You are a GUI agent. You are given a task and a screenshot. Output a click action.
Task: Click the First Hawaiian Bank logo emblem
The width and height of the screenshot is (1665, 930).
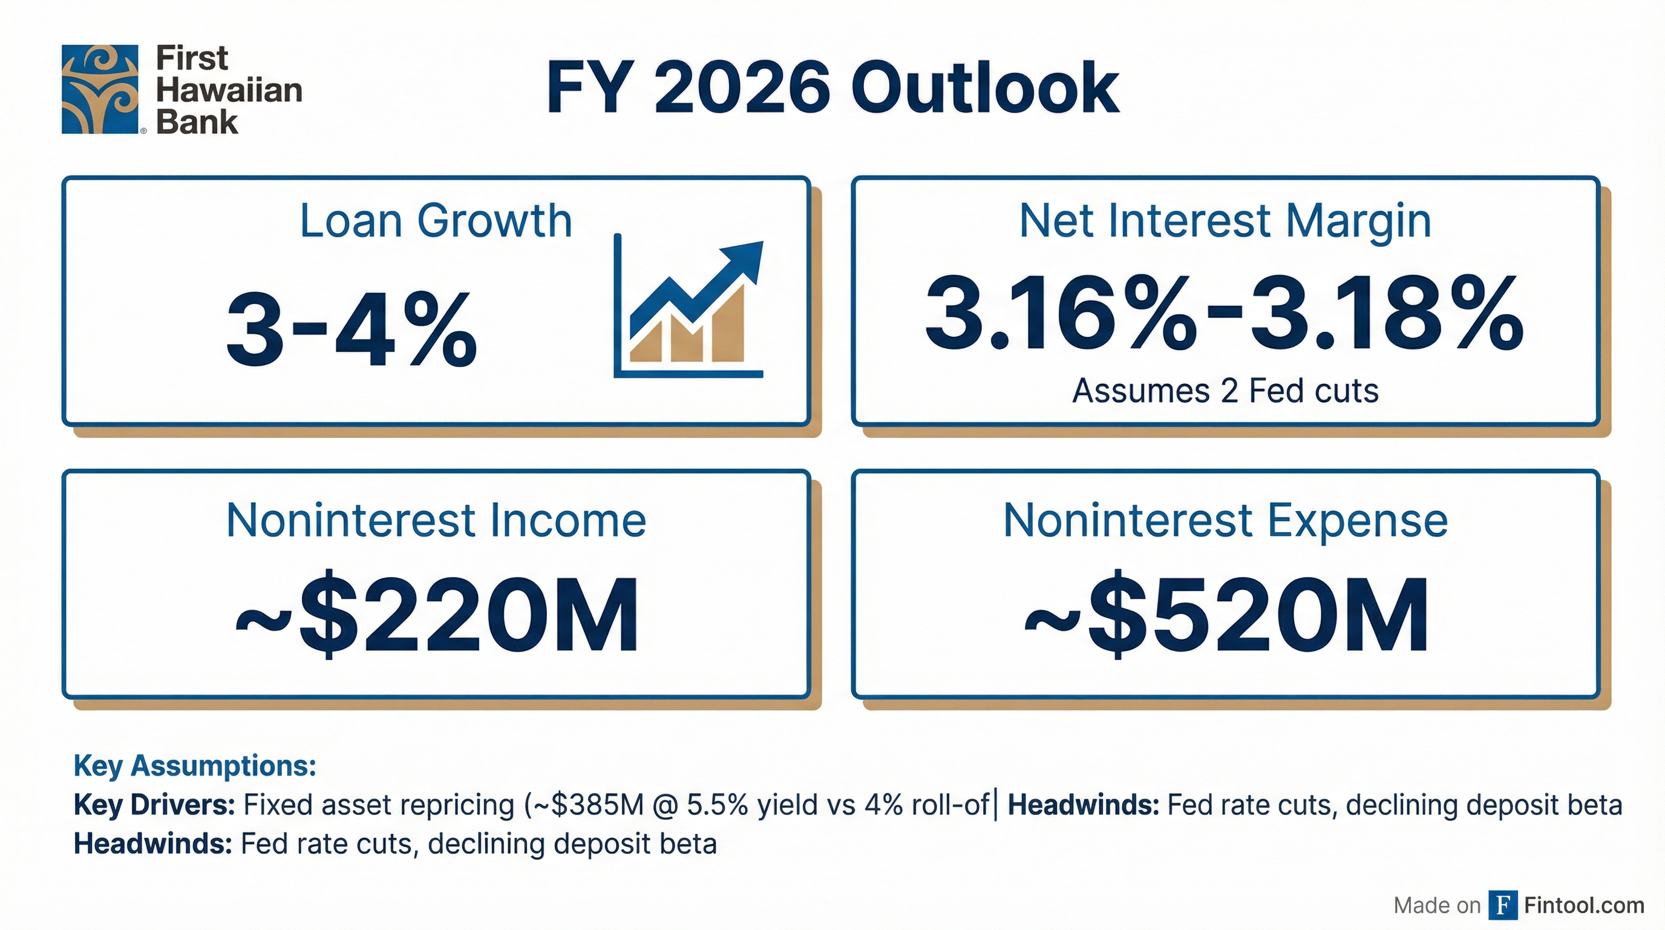[100, 89]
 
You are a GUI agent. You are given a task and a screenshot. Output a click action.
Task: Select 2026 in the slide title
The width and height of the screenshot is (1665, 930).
[741, 88]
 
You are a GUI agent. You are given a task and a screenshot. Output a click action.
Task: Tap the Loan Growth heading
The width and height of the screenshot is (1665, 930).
[436, 221]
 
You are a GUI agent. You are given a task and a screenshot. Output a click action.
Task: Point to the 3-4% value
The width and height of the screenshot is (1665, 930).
[351, 329]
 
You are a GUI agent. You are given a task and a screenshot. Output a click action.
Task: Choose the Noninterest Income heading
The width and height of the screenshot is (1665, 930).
[436, 521]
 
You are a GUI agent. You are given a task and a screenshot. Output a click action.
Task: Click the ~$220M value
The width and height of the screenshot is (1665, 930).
[437, 615]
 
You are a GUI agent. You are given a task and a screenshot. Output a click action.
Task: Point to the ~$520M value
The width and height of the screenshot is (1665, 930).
[1226, 615]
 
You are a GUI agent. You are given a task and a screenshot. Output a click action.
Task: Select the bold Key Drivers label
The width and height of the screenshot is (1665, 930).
[154, 805]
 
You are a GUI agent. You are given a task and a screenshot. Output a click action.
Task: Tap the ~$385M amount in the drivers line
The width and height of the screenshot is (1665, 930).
[586, 805]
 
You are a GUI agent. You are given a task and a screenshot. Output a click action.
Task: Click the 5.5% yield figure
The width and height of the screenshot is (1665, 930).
[716, 805]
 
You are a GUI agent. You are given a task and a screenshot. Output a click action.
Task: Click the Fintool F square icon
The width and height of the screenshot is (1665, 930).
[1503, 905]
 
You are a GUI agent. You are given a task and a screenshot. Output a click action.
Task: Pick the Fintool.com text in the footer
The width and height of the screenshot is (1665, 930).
[1584, 905]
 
